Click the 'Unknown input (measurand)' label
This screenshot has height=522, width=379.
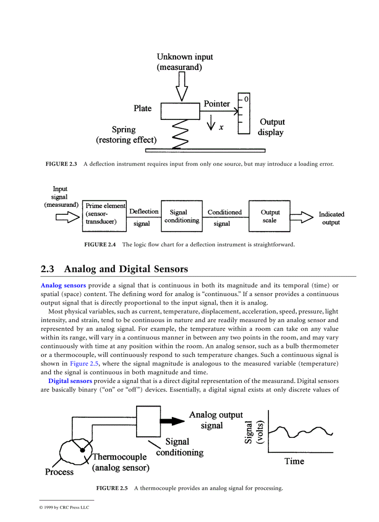(x=184, y=62)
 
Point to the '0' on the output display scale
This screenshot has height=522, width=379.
(x=246, y=99)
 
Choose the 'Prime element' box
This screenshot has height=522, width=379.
(x=105, y=216)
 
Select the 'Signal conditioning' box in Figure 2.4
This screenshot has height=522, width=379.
(x=182, y=216)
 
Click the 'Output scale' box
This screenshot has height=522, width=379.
(x=269, y=216)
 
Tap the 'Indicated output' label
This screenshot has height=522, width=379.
(x=331, y=218)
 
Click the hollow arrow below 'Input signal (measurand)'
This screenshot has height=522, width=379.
(x=67, y=217)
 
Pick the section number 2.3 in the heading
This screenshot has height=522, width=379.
(x=47, y=269)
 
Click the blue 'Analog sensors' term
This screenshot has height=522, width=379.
(x=63, y=285)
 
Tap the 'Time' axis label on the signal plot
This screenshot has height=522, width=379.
(x=294, y=461)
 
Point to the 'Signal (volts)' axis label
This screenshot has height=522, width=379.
(x=254, y=432)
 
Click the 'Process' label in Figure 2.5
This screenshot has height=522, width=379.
(x=59, y=472)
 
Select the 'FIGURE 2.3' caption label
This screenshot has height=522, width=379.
(x=61, y=164)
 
